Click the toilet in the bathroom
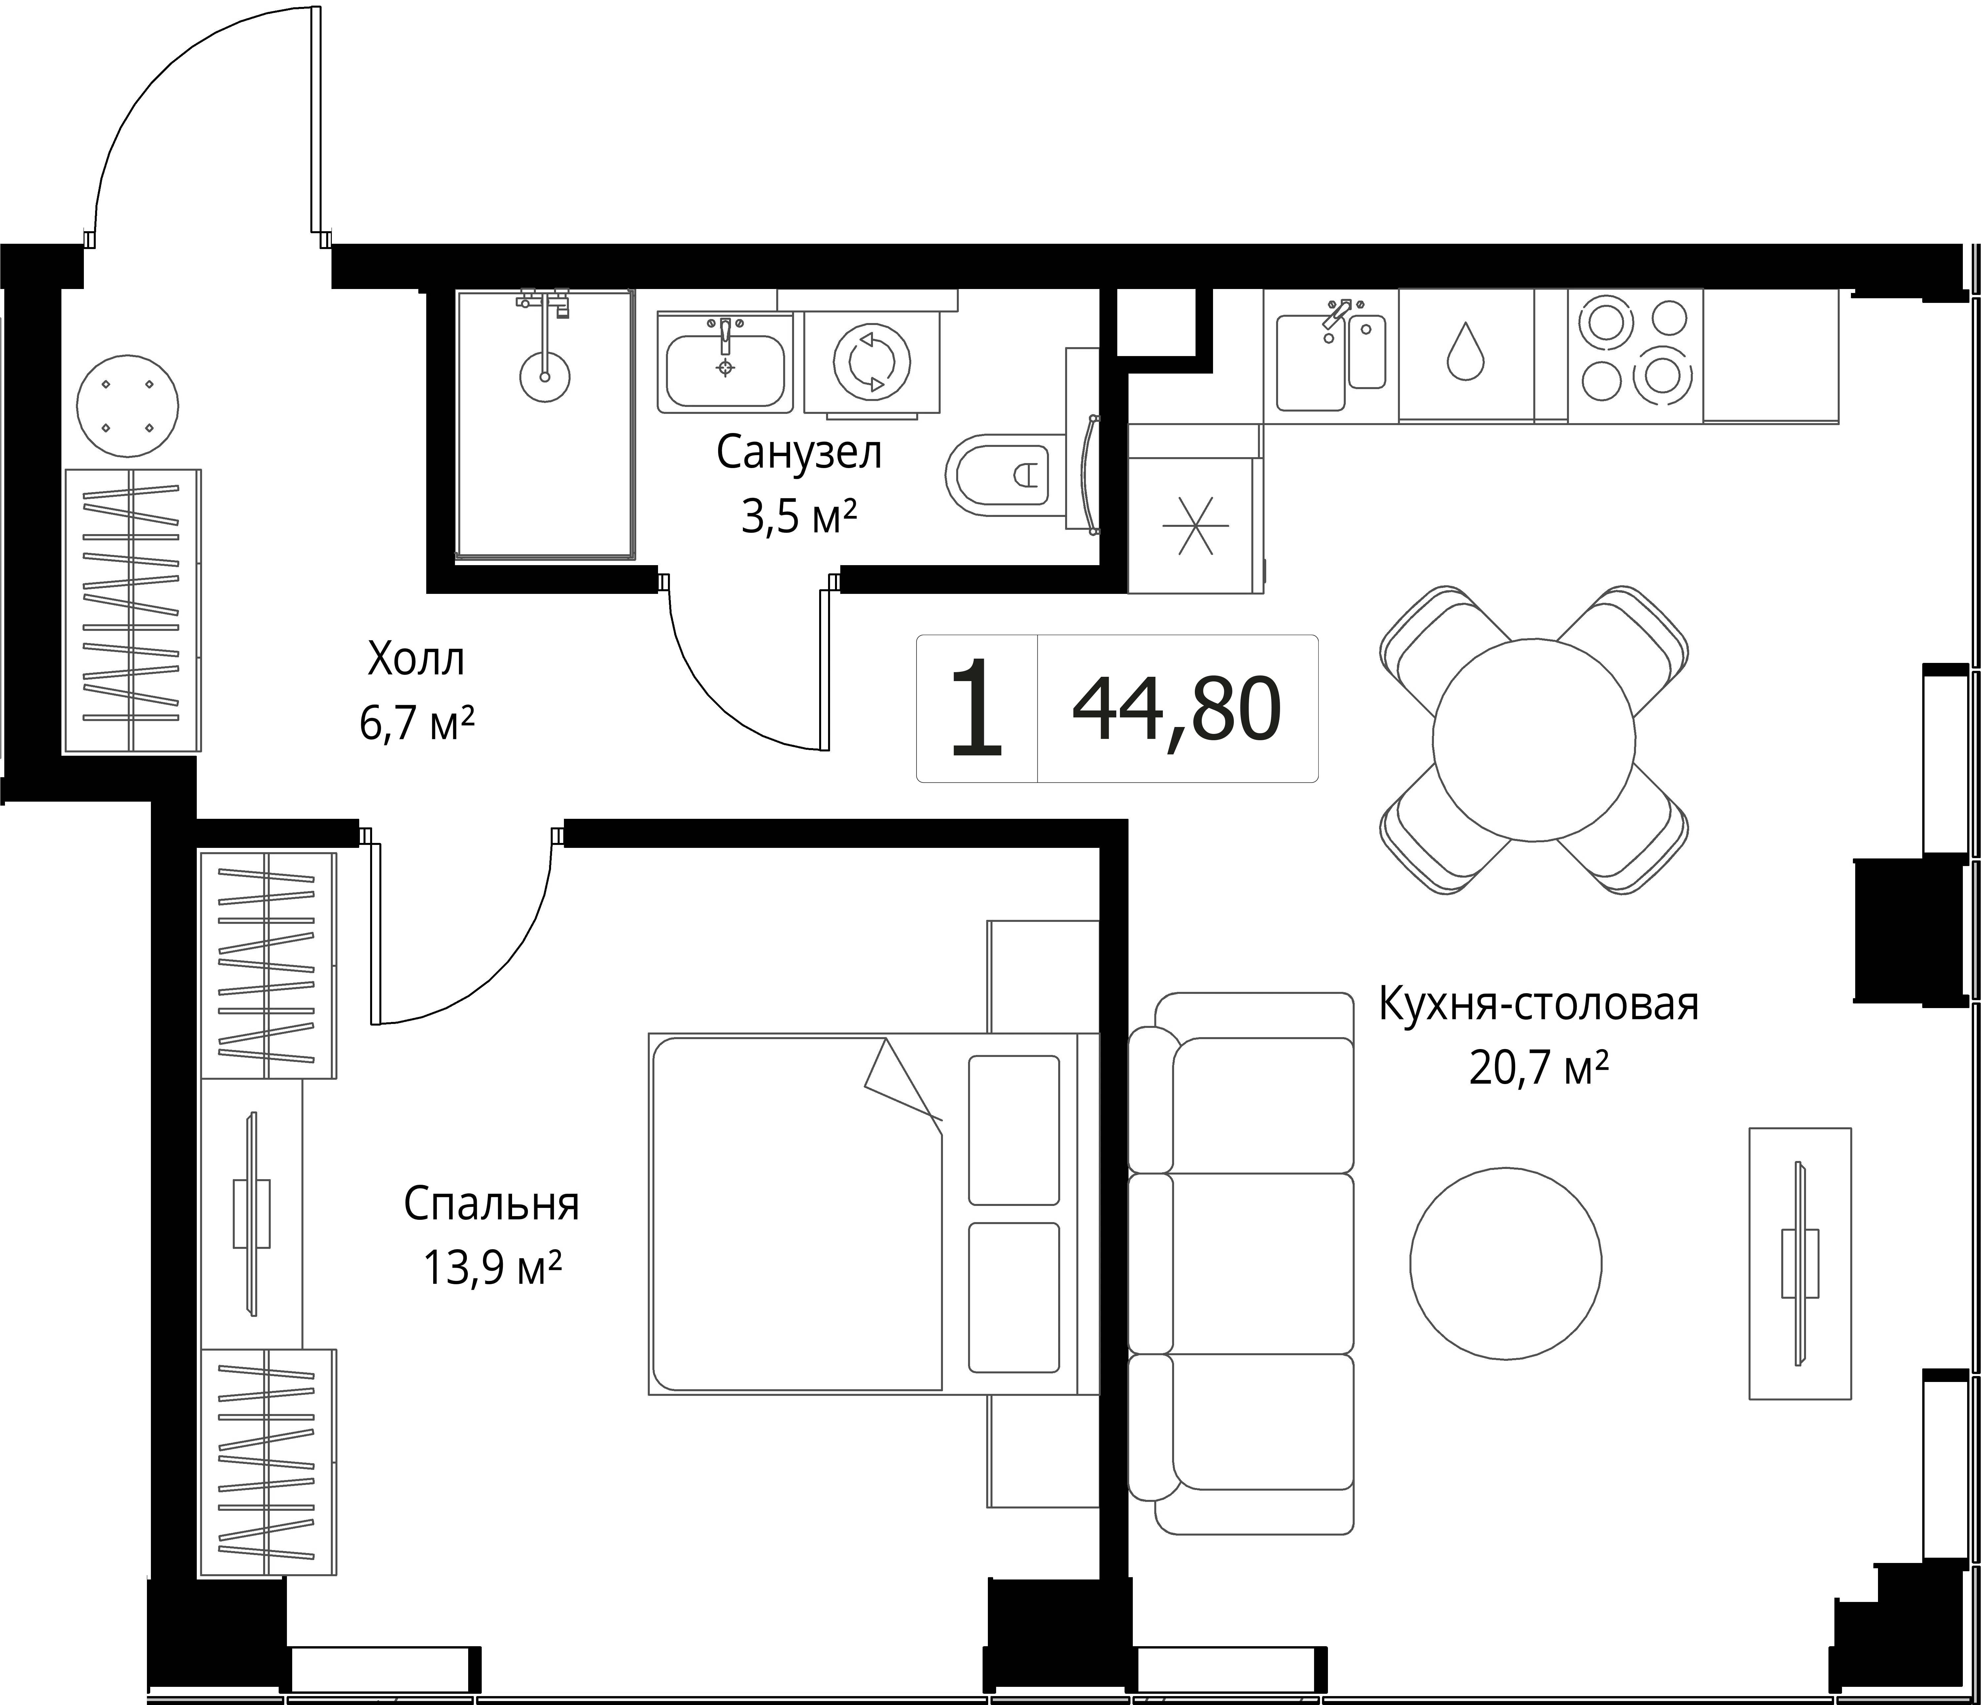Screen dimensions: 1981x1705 pyautogui.click(x=1004, y=473)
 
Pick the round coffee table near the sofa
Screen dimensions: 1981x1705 pyautogui.click(x=1506, y=1263)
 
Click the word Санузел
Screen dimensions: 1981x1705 pyautogui.click(x=799, y=453)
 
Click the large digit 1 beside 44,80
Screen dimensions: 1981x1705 pyautogui.click(x=977, y=708)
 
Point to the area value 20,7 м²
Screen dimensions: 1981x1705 pyautogui.click(x=1538, y=1067)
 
